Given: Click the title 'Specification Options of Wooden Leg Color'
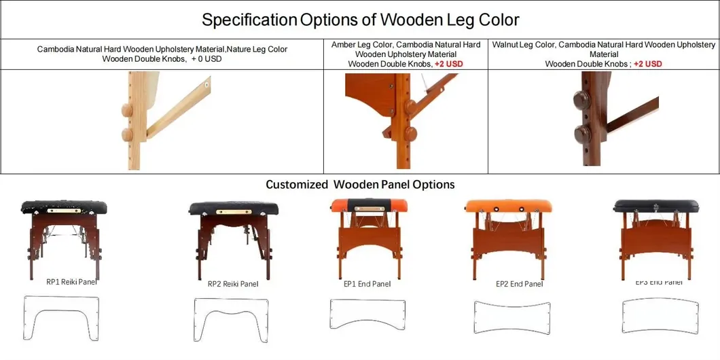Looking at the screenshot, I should pyautogui.click(x=360, y=19).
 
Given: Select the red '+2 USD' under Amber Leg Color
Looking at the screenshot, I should pyautogui.click(x=448, y=64).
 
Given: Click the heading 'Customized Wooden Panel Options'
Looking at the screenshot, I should pyautogui.click(x=360, y=185).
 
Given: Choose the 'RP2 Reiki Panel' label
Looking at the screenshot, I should pyautogui.click(x=233, y=284).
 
